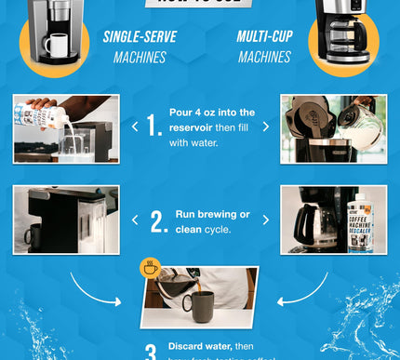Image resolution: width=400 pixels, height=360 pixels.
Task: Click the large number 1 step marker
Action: coord(156,127)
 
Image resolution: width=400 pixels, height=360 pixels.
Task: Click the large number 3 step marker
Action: coord(151,352)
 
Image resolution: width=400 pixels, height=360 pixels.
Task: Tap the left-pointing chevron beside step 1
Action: coord(136,124)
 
